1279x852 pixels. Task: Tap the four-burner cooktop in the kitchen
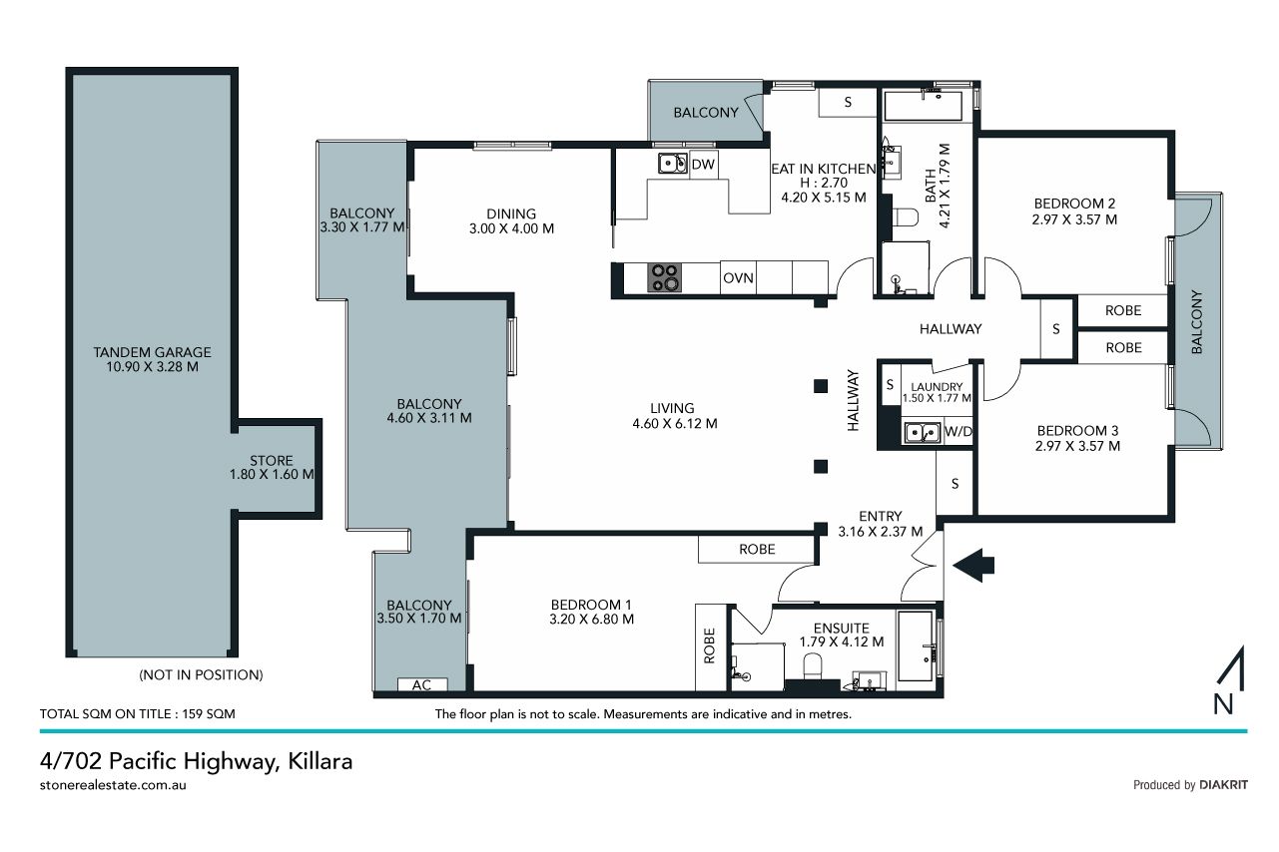[664, 277]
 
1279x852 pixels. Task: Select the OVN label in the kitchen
[738, 278]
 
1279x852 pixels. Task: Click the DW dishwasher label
[703, 165]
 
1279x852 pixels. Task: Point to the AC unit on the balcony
[422, 684]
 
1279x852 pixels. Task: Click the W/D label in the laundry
[959, 431]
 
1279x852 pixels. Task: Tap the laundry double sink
[922, 433]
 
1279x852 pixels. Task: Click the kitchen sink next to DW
[673, 164]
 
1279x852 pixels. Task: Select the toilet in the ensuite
[812, 666]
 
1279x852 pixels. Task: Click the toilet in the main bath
[905, 216]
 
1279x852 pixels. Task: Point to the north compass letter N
[1223, 703]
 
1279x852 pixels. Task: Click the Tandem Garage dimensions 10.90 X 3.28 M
[153, 367]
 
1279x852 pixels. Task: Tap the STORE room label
[272, 461]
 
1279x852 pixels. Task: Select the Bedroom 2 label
[1074, 204]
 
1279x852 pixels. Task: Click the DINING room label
[511, 214]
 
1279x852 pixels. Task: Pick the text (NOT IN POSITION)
[201, 675]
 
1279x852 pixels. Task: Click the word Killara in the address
[320, 761]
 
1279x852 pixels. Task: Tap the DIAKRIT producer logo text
[1224, 785]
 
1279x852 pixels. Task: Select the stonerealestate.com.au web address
[113, 785]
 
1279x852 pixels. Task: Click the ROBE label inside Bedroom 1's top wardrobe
[757, 549]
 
